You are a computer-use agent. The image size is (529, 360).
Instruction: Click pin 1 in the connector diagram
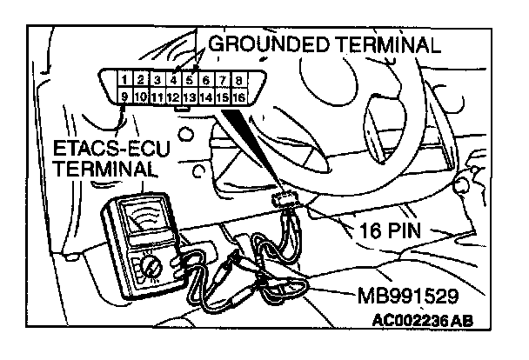click(x=127, y=80)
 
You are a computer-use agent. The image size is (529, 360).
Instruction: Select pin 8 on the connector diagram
click(x=238, y=80)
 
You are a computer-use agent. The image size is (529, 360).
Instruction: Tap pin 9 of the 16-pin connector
click(x=127, y=97)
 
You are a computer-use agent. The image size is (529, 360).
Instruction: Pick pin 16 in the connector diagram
click(x=238, y=97)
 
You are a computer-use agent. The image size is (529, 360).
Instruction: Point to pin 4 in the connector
click(x=174, y=80)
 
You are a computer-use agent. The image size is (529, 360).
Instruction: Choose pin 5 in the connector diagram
click(x=190, y=80)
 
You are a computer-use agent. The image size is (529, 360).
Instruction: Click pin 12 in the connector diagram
click(x=174, y=97)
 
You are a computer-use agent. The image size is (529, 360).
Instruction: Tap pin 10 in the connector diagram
click(x=142, y=97)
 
